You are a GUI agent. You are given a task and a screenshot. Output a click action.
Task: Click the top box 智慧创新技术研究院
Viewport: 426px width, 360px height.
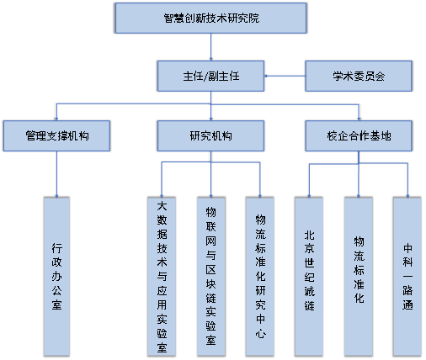[x=210, y=19]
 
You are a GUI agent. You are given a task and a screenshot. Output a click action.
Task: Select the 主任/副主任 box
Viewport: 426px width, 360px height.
[x=210, y=76]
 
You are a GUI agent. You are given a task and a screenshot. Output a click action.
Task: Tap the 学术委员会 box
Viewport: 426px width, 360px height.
[x=359, y=76]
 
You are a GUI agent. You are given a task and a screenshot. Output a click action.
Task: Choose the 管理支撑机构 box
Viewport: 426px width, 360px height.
[x=56, y=136]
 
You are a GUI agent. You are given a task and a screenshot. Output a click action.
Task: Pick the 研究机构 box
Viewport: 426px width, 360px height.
[x=210, y=136]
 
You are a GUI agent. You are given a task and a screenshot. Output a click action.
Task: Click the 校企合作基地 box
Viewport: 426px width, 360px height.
[x=359, y=136]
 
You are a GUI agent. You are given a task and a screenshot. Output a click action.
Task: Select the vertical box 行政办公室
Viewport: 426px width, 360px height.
[x=56, y=277]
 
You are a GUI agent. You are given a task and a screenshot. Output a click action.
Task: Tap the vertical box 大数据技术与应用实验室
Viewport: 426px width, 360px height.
[x=162, y=277]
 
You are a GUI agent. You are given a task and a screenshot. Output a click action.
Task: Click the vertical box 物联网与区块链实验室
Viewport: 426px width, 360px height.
[x=211, y=277]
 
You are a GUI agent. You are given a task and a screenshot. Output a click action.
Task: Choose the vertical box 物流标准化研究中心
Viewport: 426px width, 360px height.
[x=260, y=277]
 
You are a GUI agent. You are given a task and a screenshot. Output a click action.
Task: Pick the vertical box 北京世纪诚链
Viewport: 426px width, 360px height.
[x=309, y=277]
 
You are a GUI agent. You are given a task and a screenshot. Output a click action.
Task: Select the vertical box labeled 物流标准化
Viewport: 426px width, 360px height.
[x=359, y=277]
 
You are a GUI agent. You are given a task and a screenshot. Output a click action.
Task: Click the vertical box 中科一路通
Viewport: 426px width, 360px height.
[x=407, y=277]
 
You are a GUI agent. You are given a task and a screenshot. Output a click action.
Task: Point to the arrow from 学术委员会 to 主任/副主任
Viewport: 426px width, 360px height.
[x=285, y=76]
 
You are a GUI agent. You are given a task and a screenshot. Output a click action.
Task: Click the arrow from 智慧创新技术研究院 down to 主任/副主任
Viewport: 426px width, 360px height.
[x=210, y=47]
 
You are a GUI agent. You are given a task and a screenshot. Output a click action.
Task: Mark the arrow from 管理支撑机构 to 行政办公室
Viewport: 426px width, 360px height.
[x=56, y=174]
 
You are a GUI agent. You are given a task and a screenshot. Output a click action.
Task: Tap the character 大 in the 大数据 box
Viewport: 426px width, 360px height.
[x=162, y=206]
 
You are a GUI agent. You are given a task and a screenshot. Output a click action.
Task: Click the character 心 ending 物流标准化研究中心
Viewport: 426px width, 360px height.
[x=260, y=334]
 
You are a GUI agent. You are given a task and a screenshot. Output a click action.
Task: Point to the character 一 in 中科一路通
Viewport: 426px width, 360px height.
[x=407, y=277]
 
